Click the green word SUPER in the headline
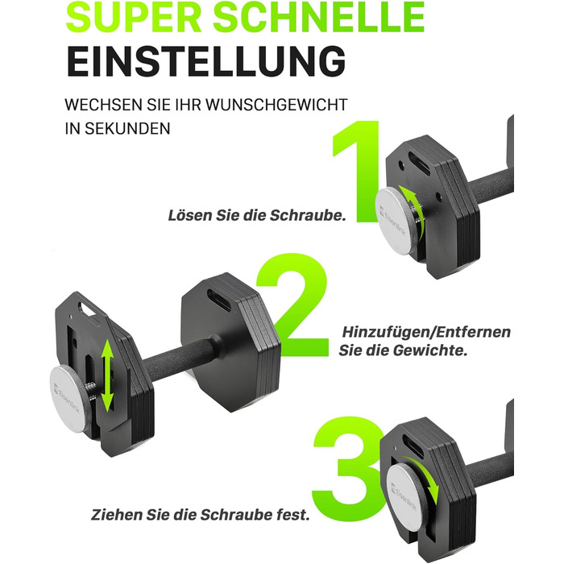[x=134, y=17]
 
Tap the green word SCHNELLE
[x=319, y=17]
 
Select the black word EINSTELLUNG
[x=206, y=60]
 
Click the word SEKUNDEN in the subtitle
[x=127, y=128]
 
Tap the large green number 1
[x=356, y=171]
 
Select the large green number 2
[x=292, y=305]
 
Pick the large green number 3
[x=347, y=467]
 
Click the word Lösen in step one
[x=190, y=215]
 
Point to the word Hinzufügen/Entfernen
[x=426, y=333]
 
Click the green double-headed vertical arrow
[x=107, y=376]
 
